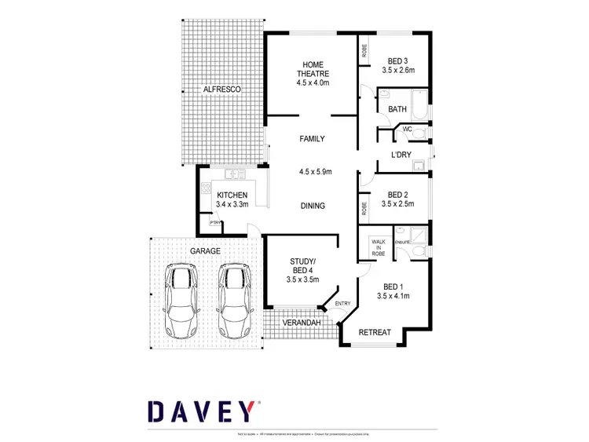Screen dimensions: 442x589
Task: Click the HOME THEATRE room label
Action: (312, 69)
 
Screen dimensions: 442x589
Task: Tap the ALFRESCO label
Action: (221, 90)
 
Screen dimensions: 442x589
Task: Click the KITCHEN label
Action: (232, 195)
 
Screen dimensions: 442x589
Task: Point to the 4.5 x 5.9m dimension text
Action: (316, 172)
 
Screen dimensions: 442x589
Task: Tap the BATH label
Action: (397, 110)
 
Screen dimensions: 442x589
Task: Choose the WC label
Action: (408, 130)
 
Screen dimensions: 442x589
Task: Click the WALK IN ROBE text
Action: (379, 248)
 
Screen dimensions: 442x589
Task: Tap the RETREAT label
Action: (375, 333)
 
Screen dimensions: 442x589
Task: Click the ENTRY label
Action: (342, 304)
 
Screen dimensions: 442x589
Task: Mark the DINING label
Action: (313, 206)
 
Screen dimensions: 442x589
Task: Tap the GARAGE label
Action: (204, 250)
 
